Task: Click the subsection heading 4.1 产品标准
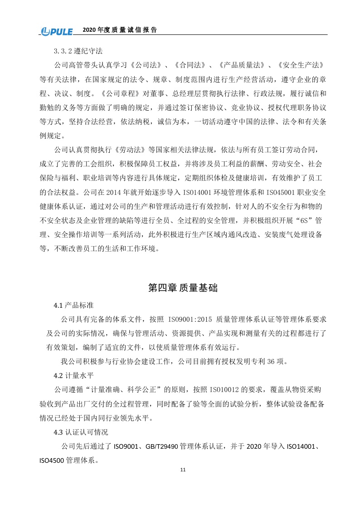point(74,306)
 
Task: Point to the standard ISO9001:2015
point(187,320)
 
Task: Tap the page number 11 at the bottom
point(183,470)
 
